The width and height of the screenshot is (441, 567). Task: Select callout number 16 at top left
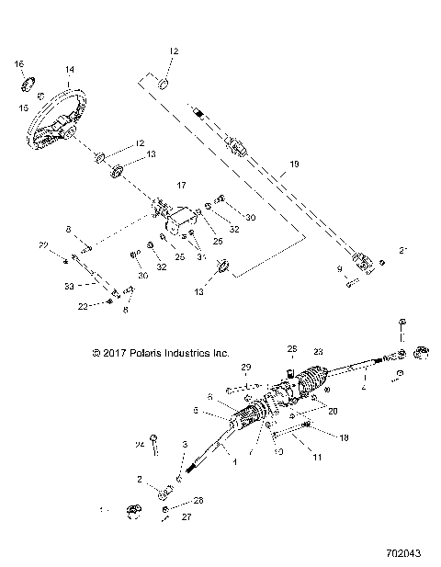point(18,62)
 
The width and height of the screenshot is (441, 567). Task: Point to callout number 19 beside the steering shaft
point(294,164)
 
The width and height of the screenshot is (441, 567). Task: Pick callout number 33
point(69,288)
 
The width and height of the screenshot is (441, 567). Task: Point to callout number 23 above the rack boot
point(319,350)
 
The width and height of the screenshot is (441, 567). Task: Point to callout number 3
point(186,444)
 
